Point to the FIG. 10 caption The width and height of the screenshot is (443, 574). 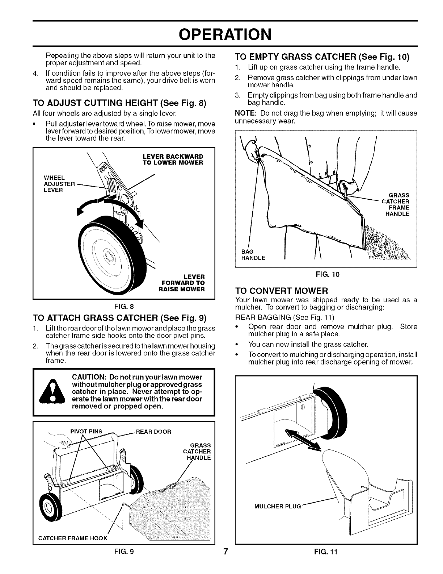(326, 274)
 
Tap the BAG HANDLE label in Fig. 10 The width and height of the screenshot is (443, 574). (253, 255)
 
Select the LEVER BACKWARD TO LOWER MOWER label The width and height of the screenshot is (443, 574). (173, 159)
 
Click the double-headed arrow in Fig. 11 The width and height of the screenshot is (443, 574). (302, 437)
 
